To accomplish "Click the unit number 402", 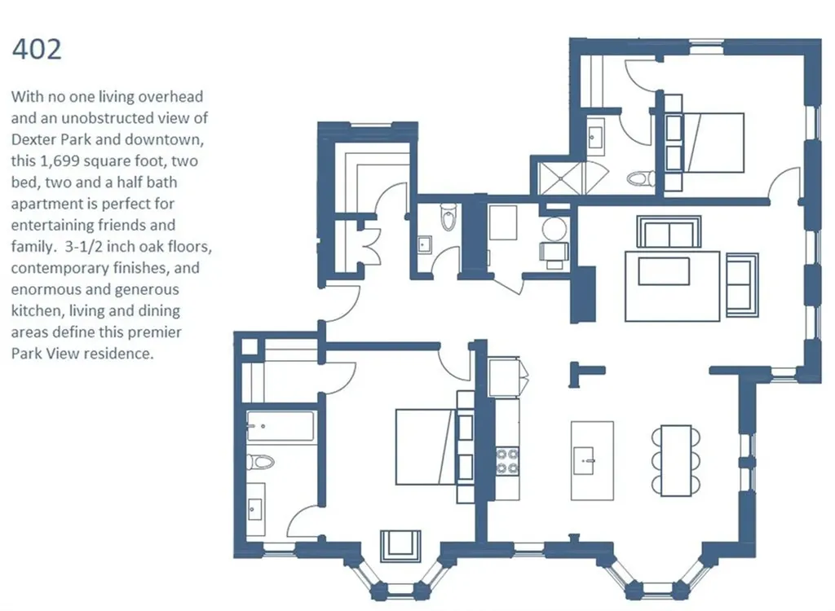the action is tap(37, 50).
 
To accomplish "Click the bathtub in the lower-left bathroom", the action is tap(281, 426).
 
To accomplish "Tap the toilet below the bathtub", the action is tap(260, 461).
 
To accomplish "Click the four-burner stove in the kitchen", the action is tap(507, 461).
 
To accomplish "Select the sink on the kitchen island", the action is tap(584, 460).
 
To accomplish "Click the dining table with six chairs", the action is tap(676, 459).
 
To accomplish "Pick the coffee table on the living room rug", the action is tap(664, 271).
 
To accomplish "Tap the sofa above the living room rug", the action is tap(669, 232).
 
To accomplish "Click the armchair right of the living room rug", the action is tap(742, 281).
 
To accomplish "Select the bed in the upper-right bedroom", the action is tap(705, 143).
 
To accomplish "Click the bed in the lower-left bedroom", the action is tap(426, 446).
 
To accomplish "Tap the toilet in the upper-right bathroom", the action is tap(641, 178).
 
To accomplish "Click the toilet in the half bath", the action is tap(448, 217).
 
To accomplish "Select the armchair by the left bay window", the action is tap(400, 546).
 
